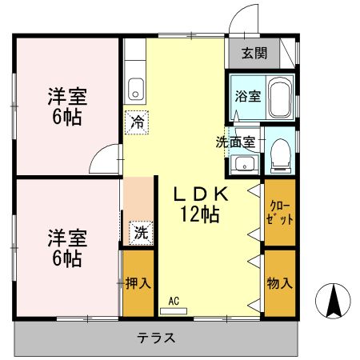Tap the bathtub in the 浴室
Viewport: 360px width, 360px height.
(280, 97)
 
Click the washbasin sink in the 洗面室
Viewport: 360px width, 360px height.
(242, 166)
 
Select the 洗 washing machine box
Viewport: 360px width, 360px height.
(140, 234)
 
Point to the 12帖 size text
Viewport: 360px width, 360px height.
(199, 214)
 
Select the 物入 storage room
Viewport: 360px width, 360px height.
(280, 282)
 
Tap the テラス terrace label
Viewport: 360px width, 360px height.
(157, 337)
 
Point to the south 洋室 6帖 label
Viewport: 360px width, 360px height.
(66, 248)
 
